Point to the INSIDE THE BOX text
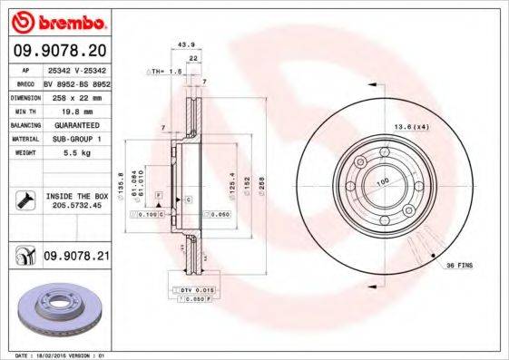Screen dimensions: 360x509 click(77, 195)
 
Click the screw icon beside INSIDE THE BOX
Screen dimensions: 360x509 click(23, 199)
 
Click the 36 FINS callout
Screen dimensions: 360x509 click(458, 265)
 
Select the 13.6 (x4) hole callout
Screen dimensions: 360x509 click(412, 127)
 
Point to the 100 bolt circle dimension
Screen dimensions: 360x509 click(383, 181)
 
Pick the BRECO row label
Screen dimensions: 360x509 click(26, 83)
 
